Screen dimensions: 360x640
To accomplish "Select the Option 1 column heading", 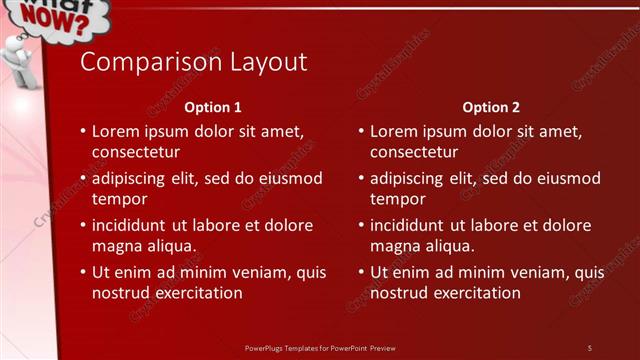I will click(214, 107).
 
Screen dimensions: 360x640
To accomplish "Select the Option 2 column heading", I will click(492, 107).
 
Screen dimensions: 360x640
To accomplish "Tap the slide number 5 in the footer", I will click(589, 348).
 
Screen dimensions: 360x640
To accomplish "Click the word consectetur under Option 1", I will click(136, 153).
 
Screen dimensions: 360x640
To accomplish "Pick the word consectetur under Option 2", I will click(414, 153).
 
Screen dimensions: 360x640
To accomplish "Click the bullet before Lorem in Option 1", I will click(82, 132).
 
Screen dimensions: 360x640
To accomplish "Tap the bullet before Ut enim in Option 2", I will click(360, 272).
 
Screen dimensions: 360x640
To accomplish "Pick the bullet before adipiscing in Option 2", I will click(360, 179).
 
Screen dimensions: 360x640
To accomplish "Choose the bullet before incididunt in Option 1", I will click(82, 225).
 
